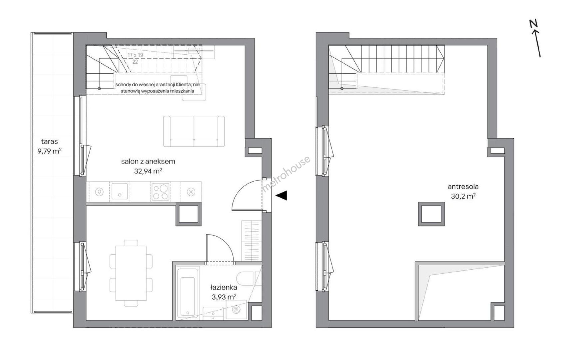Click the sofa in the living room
(x=194, y=131)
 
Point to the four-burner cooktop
(x=160, y=192)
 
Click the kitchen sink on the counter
(x=119, y=191)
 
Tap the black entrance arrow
(x=282, y=196)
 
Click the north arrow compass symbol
(x=535, y=38)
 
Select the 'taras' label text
(x=49, y=142)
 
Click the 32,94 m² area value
(x=147, y=171)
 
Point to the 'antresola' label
(x=463, y=187)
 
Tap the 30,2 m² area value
(x=463, y=196)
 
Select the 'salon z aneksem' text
(x=148, y=162)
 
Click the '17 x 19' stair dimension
(x=135, y=55)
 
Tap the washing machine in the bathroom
(x=236, y=310)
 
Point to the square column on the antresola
(x=431, y=214)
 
